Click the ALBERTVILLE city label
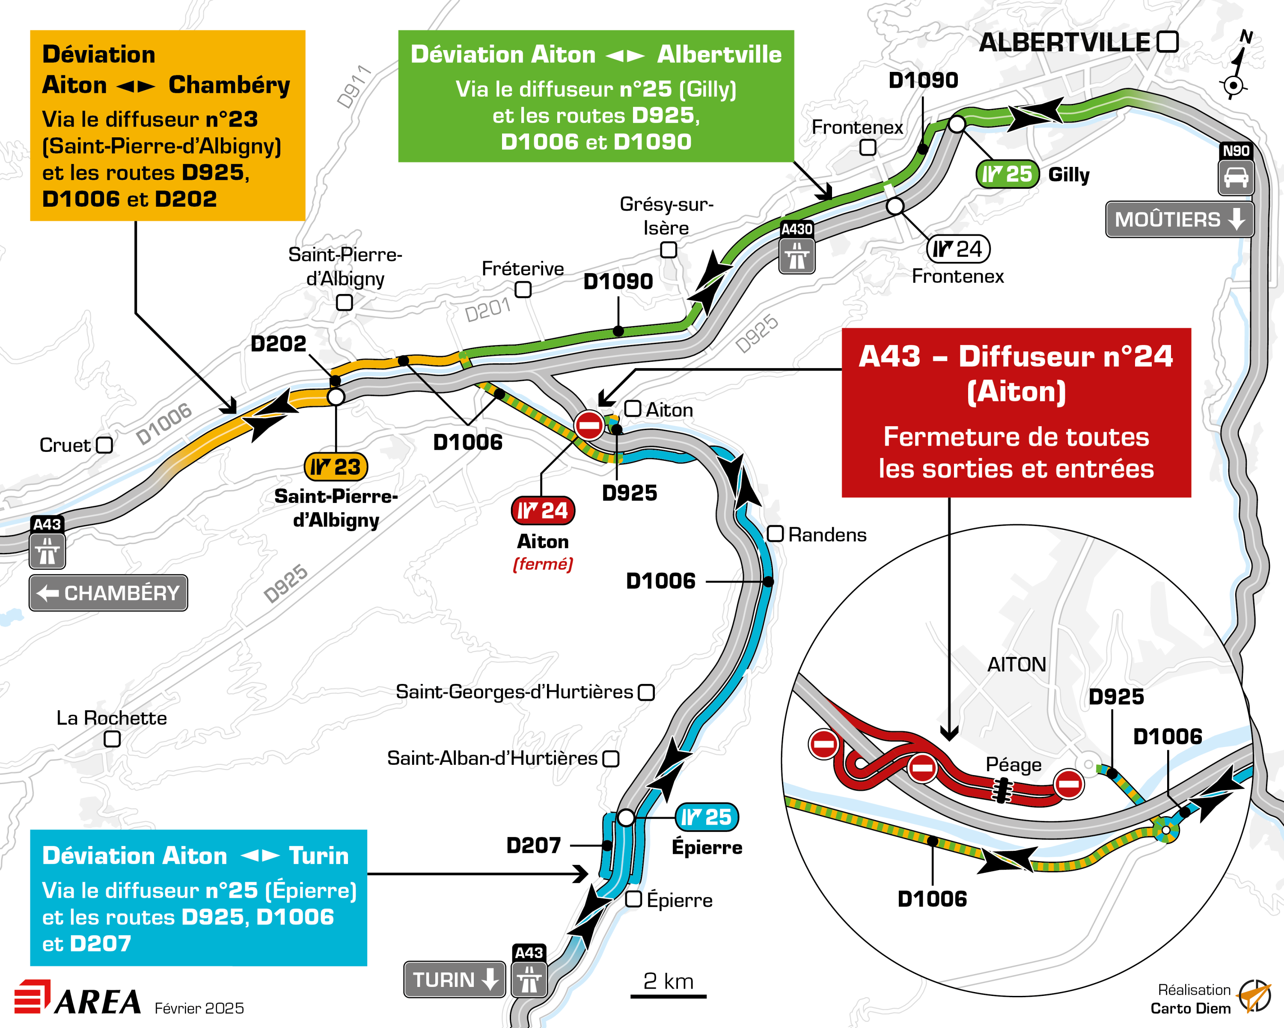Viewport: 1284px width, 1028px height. [x=1064, y=43]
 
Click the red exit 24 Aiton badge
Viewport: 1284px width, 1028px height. [x=543, y=511]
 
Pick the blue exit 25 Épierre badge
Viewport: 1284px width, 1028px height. [x=706, y=817]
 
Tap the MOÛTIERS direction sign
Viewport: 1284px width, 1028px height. [x=1179, y=219]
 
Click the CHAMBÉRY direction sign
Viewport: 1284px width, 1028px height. [x=108, y=593]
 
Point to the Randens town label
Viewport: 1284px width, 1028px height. [x=826, y=535]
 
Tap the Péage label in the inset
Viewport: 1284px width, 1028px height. [x=1014, y=765]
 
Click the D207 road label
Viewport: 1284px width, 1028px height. [x=534, y=845]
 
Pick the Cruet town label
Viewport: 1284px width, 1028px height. [x=65, y=445]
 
